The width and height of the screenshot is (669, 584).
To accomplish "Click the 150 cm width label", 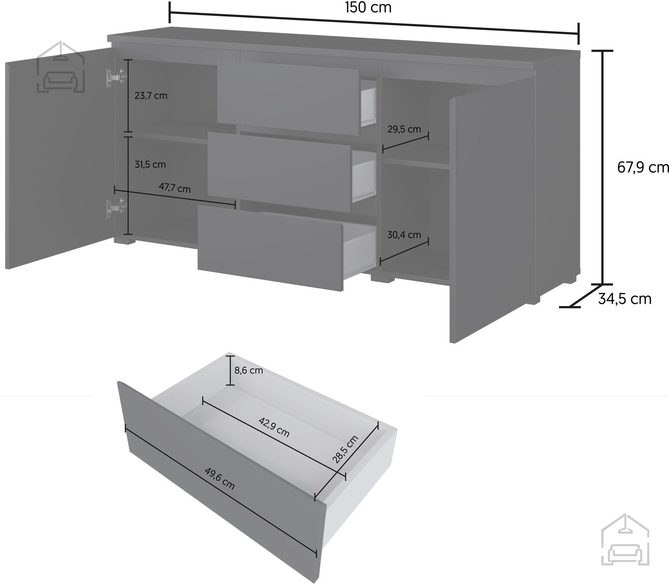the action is (x=368, y=7).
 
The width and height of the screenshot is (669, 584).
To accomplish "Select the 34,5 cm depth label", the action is (x=624, y=299).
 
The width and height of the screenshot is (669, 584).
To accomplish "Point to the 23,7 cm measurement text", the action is (x=151, y=96).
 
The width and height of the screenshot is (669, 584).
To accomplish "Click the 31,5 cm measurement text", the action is (x=150, y=164).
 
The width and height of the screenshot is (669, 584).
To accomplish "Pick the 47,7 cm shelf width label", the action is (x=175, y=188).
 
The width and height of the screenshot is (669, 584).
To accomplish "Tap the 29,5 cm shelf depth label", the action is (x=404, y=129).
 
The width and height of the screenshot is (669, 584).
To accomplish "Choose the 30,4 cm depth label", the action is (x=404, y=235).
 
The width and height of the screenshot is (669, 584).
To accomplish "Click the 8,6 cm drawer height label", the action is (x=249, y=370).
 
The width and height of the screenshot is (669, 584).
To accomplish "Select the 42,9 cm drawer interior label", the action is (x=274, y=427).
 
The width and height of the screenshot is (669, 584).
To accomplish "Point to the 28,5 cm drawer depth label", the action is (x=345, y=449).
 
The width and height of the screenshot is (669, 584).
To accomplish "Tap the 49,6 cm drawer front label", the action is (x=220, y=479).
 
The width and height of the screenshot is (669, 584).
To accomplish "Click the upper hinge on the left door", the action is (x=116, y=77).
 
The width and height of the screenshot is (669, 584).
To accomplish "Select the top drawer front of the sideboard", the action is (x=288, y=97).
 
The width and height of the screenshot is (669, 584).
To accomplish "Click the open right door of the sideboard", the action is (x=493, y=210).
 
